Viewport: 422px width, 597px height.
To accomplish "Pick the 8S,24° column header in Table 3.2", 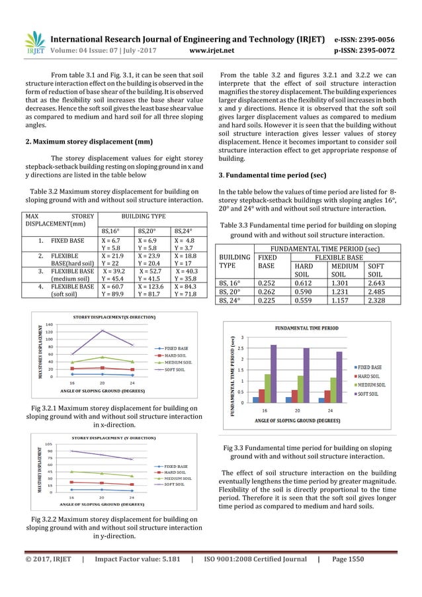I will click(185, 231).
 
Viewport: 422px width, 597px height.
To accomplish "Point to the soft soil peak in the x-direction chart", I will click(103, 330).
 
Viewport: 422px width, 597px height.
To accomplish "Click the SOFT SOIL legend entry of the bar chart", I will click(374, 394).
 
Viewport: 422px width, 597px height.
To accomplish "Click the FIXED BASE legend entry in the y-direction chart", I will click(176, 466).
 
